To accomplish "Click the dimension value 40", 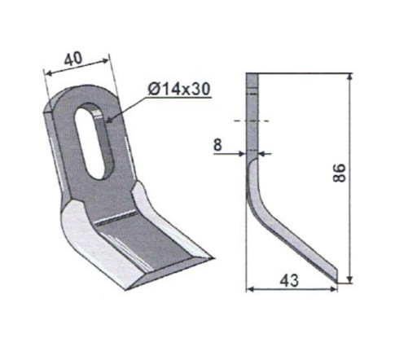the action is click(x=73, y=59).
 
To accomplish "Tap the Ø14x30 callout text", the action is click(x=179, y=89).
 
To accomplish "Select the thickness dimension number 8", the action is click(x=217, y=145).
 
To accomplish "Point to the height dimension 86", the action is click(x=339, y=173).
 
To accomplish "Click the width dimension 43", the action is click(x=289, y=280).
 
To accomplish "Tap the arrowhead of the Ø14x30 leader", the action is click(x=109, y=119).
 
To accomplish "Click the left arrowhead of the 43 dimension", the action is click(x=250, y=289).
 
